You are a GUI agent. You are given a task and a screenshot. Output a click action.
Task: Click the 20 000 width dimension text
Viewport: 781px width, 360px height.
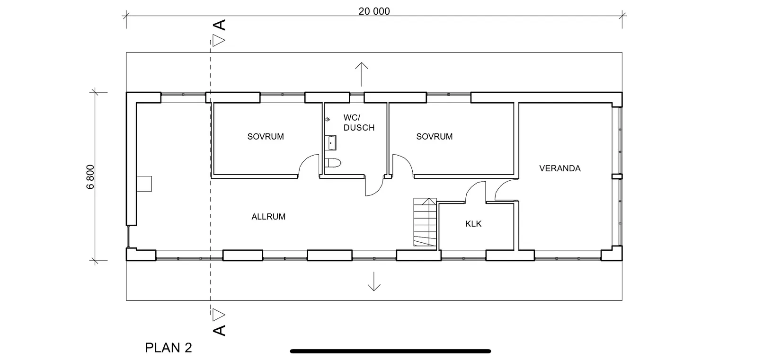pos(374,11)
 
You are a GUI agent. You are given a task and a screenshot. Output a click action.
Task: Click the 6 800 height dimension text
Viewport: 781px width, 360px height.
pos(91,176)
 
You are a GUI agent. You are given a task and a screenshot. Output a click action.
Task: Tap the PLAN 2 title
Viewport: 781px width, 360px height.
pos(169,348)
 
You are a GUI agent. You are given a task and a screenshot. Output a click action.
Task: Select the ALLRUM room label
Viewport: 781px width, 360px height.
pos(268,217)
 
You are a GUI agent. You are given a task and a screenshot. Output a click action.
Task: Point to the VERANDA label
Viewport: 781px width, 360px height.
pos(559,168)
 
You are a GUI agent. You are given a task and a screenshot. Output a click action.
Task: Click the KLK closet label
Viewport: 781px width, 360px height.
pos(473,224)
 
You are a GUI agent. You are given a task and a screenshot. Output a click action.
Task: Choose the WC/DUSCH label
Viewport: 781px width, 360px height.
pos(359,123)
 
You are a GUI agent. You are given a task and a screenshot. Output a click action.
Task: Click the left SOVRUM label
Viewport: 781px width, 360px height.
pos(266,137)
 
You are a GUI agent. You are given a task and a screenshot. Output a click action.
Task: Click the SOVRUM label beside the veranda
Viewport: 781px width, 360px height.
pos(434,137)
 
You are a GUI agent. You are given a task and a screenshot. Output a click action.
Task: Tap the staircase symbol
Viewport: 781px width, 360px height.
pos(425,222)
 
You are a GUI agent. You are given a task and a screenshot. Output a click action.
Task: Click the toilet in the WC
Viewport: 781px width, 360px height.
pos(334,164)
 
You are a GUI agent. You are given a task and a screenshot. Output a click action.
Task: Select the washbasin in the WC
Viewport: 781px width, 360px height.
pos(331,142)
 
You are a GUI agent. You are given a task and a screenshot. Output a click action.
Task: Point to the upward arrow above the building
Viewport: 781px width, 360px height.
pos(362,73)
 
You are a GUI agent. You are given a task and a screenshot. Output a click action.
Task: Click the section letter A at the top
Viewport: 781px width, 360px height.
pos(219,25)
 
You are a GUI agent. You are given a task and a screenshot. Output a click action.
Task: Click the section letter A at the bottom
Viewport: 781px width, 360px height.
pos(219,330)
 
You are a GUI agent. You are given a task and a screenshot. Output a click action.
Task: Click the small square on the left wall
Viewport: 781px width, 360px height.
pos(144,184)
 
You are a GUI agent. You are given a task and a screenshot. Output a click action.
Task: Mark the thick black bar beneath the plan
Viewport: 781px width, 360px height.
pos(390,351)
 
